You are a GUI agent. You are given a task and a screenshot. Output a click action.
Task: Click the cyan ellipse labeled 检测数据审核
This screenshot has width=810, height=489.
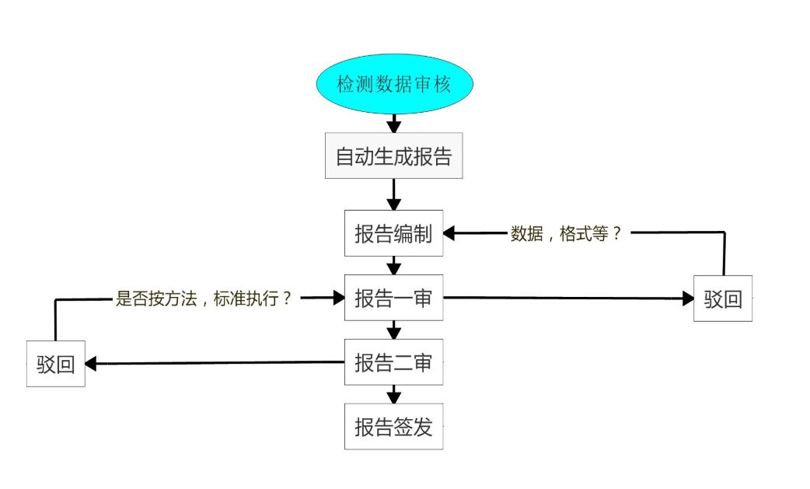[393, 84]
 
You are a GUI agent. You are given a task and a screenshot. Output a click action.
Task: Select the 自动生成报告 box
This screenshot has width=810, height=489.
[393, 156]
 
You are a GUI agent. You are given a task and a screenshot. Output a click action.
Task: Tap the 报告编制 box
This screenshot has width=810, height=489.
[393, 233]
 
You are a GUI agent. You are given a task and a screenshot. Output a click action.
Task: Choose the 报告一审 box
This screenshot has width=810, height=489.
[393, 298]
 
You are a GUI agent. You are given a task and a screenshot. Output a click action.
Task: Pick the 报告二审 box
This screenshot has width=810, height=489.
[393, 362]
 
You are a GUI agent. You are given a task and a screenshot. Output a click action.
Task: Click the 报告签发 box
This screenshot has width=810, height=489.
[393, 427]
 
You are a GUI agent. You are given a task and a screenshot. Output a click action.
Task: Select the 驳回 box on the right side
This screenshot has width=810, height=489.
[723, 299]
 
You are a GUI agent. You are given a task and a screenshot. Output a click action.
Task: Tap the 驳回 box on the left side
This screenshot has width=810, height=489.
[55, 364]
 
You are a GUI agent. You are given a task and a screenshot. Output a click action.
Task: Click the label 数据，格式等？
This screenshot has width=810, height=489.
[567, 233]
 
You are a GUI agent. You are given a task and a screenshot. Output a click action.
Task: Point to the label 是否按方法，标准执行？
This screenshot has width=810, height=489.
[204, 298]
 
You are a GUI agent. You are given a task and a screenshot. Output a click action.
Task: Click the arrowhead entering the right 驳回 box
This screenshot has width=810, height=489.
[687, 299]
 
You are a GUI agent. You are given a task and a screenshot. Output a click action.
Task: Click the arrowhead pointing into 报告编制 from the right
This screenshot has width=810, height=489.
[449, 232]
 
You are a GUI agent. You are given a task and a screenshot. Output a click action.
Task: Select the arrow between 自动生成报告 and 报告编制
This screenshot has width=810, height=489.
[394, 194]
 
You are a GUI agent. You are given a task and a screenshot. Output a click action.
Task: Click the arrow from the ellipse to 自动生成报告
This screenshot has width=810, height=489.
[394, 123]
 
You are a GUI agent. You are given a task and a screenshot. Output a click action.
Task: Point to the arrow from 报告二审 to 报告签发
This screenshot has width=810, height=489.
[394, 395]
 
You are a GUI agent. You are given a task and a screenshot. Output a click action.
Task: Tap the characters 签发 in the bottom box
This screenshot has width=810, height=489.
[413, 427]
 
